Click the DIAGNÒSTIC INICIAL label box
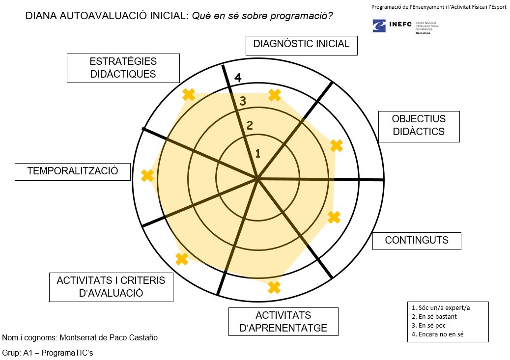301,44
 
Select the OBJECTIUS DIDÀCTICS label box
419,126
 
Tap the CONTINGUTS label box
417,241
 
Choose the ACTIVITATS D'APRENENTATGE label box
283,322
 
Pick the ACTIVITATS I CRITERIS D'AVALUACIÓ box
111,287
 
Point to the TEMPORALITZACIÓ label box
73,171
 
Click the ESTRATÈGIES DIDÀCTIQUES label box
123,68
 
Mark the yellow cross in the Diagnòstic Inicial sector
275,95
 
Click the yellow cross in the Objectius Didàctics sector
336,145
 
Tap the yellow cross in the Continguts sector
334,217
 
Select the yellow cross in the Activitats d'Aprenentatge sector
274,287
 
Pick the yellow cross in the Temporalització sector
147,176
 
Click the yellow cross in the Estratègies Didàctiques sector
189,94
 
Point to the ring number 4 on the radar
238,78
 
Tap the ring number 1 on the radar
257,154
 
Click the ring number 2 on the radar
250,126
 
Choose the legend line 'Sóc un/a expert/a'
441,308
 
